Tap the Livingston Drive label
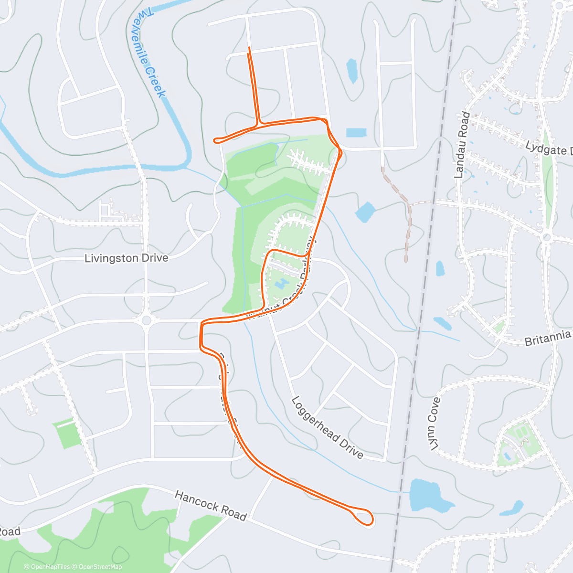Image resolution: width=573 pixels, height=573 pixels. click(126, 258)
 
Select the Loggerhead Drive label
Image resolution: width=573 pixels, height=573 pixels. click(327, 427)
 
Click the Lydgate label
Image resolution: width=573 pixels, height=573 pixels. click(548, 149)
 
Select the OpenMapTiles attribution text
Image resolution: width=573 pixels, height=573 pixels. click(47, 567)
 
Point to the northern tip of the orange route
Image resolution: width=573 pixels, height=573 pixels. click(249, 48)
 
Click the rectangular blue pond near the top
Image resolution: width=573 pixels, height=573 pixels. click(356, 132)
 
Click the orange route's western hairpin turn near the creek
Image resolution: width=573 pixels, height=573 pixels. click(216, 140)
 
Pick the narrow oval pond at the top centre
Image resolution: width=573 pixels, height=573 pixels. click(352, 71)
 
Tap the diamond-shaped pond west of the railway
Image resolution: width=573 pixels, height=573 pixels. click(366, 212)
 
